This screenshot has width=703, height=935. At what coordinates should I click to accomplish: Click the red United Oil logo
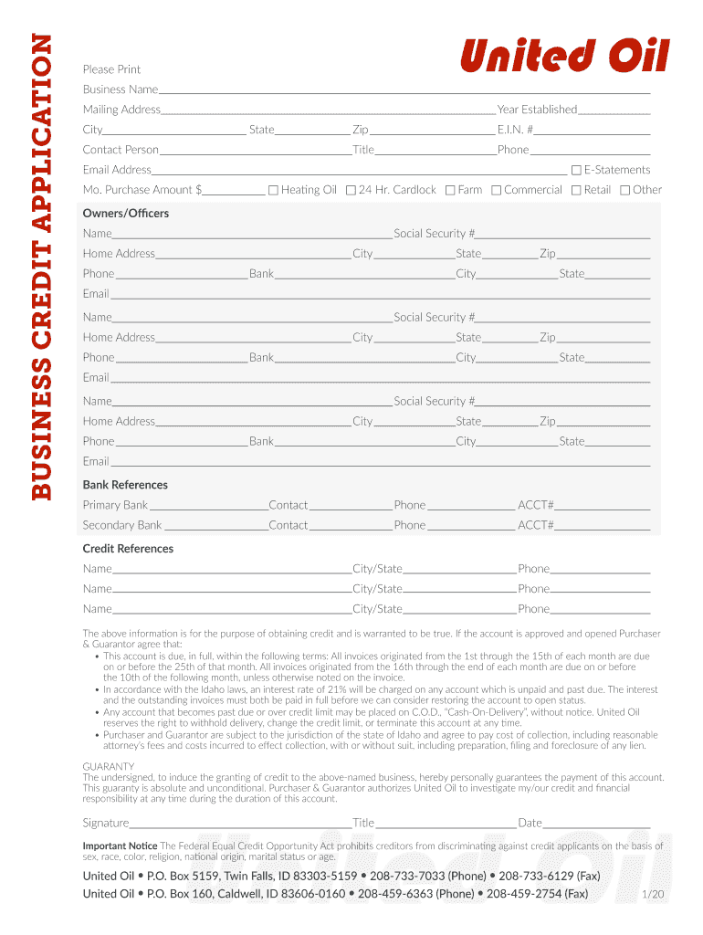coord(564,57)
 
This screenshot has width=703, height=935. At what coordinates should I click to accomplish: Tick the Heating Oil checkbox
coord(273,190)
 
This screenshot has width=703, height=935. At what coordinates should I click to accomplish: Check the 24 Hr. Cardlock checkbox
coord(351,190)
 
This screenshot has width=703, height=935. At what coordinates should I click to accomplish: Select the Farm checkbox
coord(449,190)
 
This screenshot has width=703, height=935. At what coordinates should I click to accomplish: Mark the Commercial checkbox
coord(496,190)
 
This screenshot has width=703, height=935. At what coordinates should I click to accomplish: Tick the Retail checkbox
coord(576,190)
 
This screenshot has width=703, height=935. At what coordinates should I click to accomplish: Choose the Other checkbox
coord(624,190)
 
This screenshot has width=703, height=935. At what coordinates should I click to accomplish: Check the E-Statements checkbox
coord(576,170)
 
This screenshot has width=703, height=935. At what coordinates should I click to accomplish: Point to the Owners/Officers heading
coord(126,214)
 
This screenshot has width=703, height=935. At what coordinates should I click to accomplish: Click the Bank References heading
coord(125,485)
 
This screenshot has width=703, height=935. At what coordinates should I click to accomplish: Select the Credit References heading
coord(128,549)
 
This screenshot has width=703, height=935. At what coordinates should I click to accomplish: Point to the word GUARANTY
coord(109,766)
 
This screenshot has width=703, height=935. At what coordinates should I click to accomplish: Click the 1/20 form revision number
coord(653,895)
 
